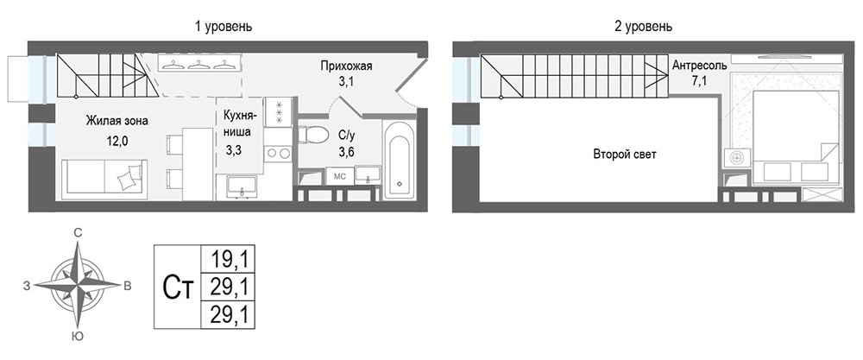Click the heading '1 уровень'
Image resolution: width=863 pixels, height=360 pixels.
224,27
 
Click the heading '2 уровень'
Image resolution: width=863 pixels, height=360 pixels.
643,27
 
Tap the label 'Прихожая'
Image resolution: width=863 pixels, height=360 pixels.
347,66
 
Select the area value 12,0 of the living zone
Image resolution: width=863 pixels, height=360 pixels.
117,141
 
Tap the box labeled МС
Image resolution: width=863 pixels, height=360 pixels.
339,177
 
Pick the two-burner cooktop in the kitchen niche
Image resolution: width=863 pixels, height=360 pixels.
278,153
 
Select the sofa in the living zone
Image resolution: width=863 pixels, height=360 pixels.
104,180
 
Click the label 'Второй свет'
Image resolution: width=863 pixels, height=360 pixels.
624,155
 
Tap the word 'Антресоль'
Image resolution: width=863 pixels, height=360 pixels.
700,66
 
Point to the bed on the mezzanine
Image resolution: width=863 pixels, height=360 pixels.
796,136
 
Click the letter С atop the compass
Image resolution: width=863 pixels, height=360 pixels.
79,233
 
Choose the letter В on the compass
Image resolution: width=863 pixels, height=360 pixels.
127,285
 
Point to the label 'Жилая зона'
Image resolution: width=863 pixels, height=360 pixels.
117,121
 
